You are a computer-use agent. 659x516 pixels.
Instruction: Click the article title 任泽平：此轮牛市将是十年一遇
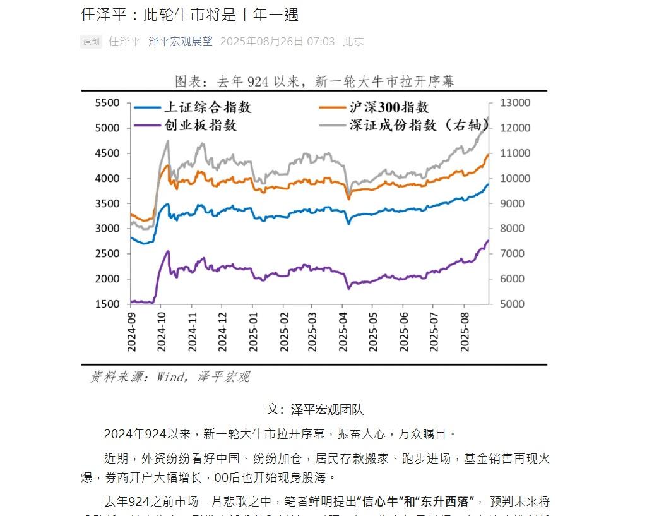[x=190, y=15]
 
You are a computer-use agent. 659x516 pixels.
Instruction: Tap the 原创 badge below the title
[x=91, y=42]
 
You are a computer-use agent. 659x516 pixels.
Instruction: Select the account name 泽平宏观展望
[x=180, y=42]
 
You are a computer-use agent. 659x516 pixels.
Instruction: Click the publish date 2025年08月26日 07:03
[x=277, y=42]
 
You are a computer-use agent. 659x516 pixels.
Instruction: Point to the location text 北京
[x=353, y=42]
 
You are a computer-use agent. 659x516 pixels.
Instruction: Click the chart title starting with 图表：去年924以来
[x=314, y=81]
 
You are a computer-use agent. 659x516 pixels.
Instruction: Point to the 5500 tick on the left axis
[x=107, y=103]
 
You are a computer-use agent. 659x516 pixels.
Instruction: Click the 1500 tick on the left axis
[x=107, y=304]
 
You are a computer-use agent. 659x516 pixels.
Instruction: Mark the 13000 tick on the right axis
[x=515, y=103]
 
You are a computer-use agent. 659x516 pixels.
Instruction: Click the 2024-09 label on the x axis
[x=131, y=331]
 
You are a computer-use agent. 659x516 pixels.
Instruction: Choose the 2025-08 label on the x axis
[x=465, y=331]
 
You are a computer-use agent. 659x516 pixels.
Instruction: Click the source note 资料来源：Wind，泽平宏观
[x=170, y=377]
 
